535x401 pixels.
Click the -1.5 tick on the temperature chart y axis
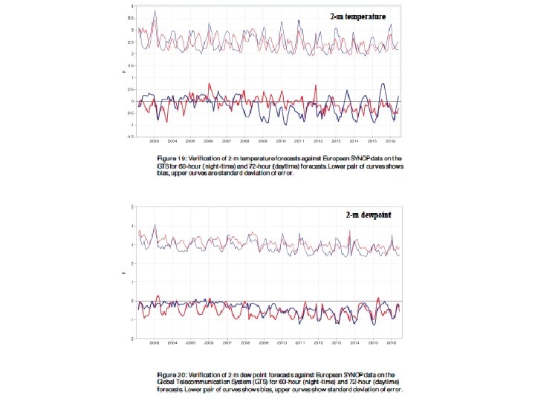click(131, 136)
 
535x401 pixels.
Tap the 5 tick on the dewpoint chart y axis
click(132, 206)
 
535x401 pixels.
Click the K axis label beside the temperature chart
click(123, 71)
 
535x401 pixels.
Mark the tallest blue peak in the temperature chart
click(155, 11)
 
